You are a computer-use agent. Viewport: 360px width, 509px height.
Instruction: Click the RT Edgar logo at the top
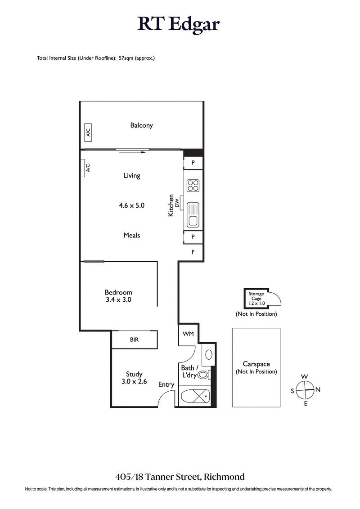pos(179,24)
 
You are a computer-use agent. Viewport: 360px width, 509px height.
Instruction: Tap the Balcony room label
pos(141,125)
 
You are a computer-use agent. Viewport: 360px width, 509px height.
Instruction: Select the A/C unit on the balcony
pos(88,133)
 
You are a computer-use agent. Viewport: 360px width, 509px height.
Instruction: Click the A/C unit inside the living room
pos(88,168)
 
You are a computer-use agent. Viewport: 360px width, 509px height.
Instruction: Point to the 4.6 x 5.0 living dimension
pos(131,205)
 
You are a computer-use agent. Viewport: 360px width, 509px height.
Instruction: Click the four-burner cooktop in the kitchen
pos(193,186)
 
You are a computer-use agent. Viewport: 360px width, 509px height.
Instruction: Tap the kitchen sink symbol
pos(193,215)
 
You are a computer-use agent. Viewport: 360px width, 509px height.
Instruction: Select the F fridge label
pos(193,252)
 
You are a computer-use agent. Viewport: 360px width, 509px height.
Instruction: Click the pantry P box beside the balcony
pos(193,163)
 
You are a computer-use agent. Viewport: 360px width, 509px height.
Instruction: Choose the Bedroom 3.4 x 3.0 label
pos(119,296)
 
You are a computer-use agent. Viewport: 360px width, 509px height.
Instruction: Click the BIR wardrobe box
pos(134,339)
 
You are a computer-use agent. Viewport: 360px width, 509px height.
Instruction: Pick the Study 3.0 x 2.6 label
pos(134,378)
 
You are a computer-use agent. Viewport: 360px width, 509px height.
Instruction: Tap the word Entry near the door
pos(166,384)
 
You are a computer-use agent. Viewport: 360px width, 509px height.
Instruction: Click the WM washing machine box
pos(188,334)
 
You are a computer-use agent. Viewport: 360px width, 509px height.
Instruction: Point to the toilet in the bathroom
pos(204,374)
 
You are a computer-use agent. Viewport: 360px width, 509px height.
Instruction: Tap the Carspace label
pos(256,364)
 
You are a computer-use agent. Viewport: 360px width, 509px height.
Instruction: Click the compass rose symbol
pos(305,389)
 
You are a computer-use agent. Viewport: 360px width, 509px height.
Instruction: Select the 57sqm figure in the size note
pos(126,58)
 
